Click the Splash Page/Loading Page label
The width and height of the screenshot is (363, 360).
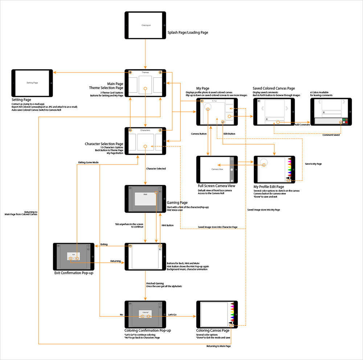click(x=188, y=33)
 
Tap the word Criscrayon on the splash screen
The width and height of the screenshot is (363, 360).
click(x=145, y=25)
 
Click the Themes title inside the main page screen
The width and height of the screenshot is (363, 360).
click(x=145, y=72)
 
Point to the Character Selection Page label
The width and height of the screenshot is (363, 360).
click(x=104, y=144)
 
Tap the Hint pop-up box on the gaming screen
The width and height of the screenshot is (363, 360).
click(x=145, y=199)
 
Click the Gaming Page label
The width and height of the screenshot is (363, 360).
click(x=177, y=202)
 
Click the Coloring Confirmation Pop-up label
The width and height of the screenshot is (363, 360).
click(x=148, y=330)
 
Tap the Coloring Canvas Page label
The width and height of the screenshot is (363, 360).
click(x=213, y=330)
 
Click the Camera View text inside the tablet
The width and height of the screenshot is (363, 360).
click(x=217, y=169)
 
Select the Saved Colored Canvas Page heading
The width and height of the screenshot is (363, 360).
click(x=274, y=88)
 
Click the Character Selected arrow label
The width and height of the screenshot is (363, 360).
click(x=156, y=168)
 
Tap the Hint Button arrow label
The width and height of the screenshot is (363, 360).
click(x=167, y=225)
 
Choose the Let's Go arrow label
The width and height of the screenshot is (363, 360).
click(x=172, y=314)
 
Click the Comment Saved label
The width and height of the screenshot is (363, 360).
click(x=331, y=135)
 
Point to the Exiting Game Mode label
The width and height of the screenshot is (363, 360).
click(x=88, y=162)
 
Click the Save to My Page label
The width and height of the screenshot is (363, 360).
click(x=313, y=164)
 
